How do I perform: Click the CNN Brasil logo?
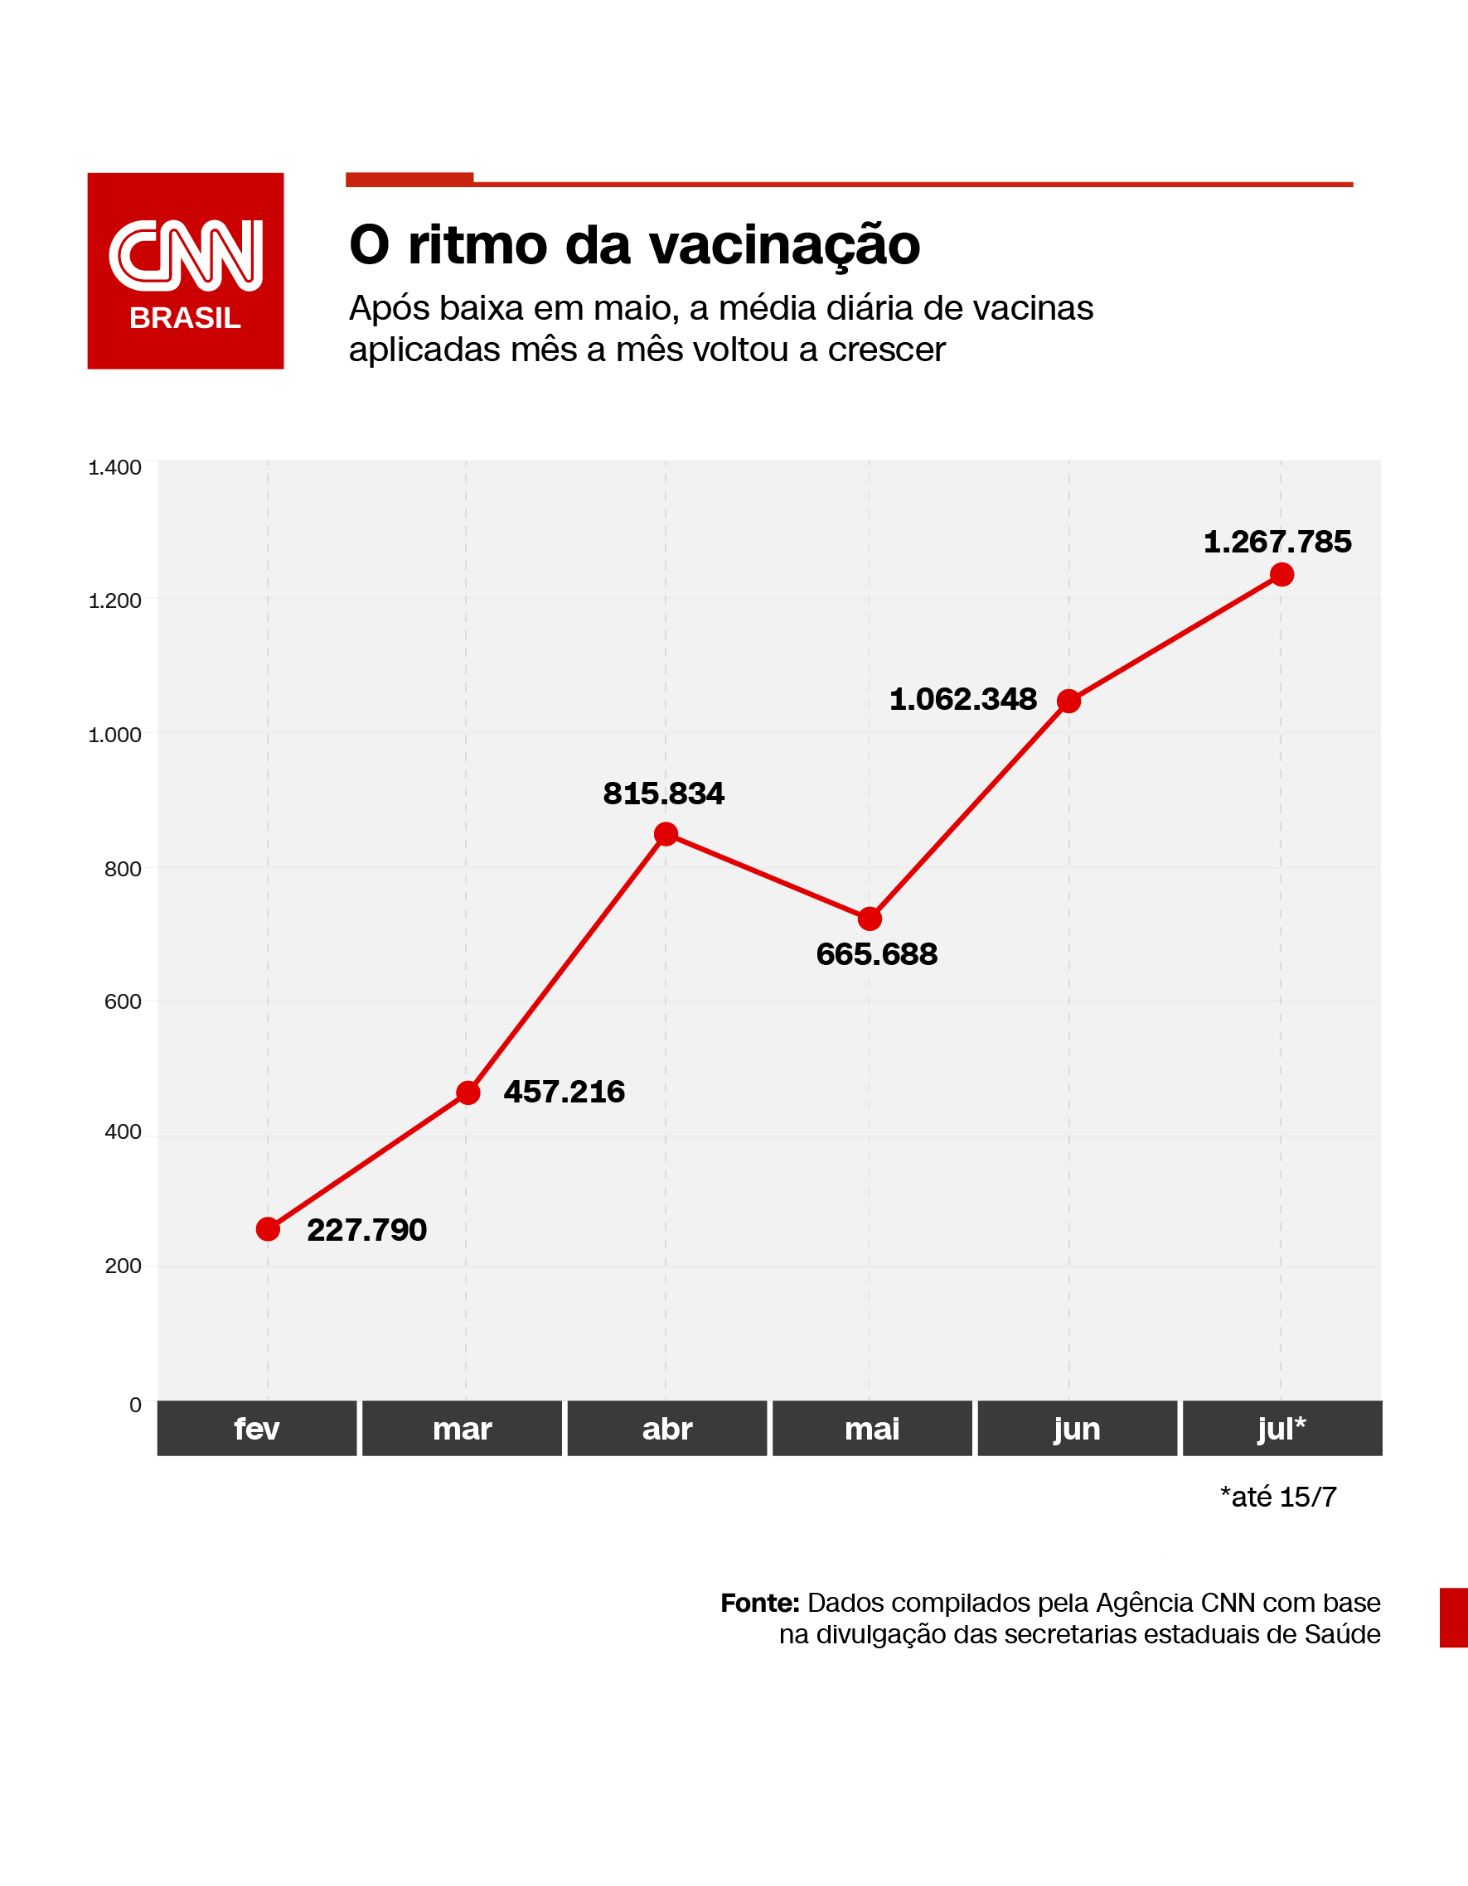185,270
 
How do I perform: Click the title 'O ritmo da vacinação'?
634,244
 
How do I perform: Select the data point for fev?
268,1229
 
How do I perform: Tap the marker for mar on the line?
468,1093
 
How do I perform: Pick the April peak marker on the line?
666,833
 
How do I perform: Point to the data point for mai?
870,918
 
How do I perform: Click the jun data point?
1068,701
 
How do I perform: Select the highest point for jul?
1281,574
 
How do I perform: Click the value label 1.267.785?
1277,542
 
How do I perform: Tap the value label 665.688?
876,954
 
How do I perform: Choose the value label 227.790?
366,1230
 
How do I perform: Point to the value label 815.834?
663,793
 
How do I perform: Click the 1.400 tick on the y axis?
115,467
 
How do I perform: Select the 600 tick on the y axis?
123,1001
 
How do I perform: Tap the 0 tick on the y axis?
135,1405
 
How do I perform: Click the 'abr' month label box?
666,1428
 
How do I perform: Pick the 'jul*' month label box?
1281,1428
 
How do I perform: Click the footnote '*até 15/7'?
1277,1497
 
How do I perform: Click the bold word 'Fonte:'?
759,1603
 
